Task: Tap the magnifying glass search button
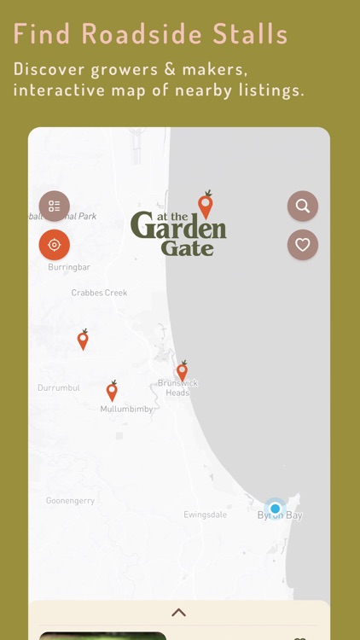(302, 206)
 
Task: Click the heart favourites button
(302, 245)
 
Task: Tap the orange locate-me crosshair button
(55, 245)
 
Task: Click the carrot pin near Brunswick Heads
(182, 371)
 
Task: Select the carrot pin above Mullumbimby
(112, 391)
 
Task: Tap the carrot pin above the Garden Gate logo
(205, 205)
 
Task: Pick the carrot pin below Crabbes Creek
(83, 340)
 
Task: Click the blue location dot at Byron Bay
(275, 509)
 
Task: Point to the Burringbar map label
(69, 267)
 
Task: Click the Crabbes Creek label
(99, 293)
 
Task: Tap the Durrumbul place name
(58, 388)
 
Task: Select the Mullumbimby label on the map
(126, 410)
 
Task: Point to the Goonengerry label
(70, 501)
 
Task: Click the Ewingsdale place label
(206, 515)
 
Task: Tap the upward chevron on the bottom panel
(179, 612)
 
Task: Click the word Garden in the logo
(178, 227)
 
